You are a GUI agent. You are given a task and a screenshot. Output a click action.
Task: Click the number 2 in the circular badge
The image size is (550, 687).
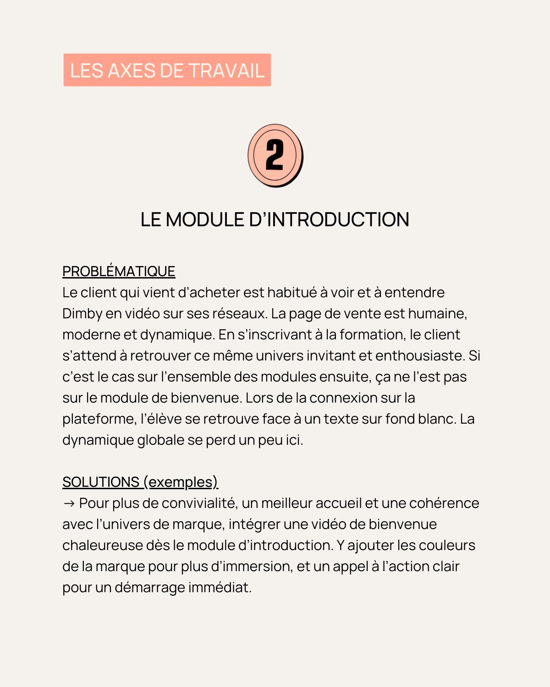(275, 156)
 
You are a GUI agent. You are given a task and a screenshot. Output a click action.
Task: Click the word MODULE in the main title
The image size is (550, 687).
(205, 220)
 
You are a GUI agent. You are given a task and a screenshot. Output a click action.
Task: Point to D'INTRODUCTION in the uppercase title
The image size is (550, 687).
(329, 220)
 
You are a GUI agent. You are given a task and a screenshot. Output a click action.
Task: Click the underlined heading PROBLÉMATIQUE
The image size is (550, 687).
(119, 272)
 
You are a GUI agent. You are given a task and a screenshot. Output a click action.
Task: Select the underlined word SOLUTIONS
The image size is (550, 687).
(101, 482)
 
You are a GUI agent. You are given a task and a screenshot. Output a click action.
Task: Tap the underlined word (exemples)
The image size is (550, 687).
(181, 482)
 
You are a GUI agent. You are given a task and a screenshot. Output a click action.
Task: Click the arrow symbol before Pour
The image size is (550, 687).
(69, 503)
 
